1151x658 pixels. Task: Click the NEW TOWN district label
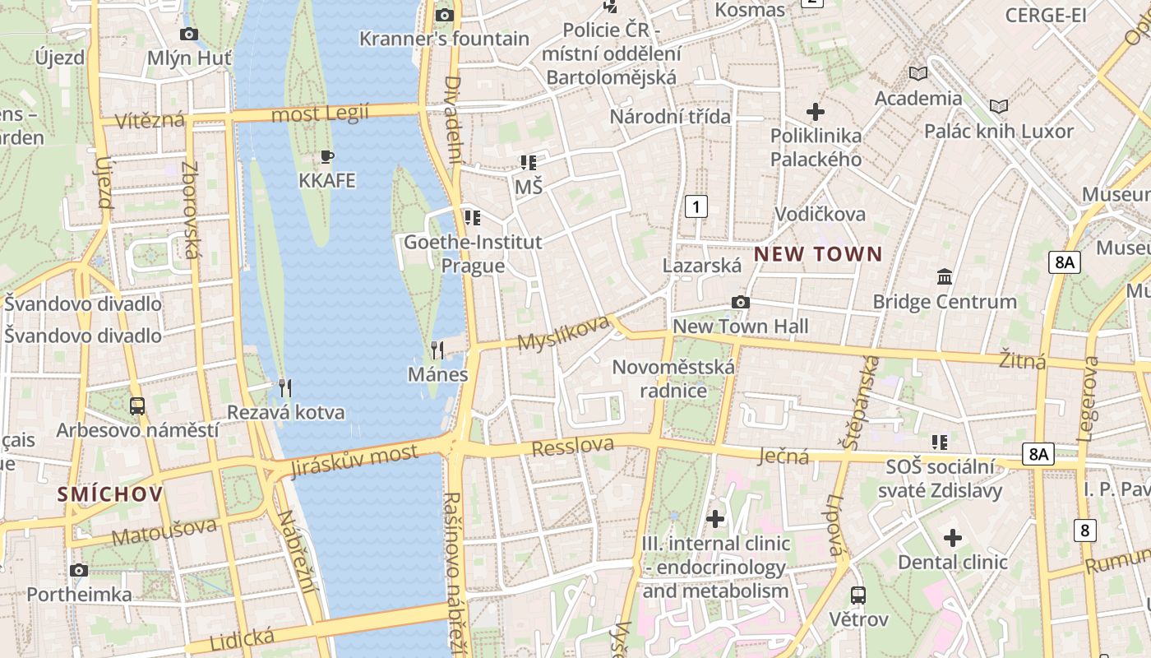pos(818,254)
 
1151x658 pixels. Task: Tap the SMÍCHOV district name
pos(110,494)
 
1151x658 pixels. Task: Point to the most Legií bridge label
pos(320,113)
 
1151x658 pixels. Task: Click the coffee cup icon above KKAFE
pos(327,157)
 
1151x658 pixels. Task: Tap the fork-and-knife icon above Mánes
pos(437,350)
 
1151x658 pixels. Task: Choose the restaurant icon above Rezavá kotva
pos(285,387)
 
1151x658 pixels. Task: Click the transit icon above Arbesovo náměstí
pos(137,405)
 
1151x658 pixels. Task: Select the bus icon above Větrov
pos(858,595)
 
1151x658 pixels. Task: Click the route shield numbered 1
pos(696,206)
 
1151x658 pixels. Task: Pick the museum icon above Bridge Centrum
pos(945,277)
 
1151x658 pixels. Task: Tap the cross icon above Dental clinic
pos(952,538)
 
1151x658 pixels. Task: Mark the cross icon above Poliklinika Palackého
pos(816,111)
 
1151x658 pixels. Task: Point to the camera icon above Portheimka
pos(79,570)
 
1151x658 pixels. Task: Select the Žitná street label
pos(1022,359)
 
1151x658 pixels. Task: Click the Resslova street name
pos(573,447)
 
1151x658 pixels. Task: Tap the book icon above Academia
pos(918,74)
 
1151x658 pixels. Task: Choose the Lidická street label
pos(242,638)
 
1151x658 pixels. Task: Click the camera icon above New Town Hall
pos(741,303)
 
